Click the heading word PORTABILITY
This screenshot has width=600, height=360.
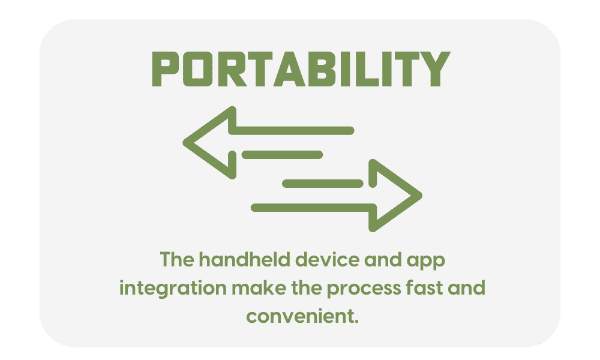point(301,69)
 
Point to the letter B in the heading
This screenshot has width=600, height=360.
point(322,69)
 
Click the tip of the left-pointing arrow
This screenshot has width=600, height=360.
point(184,143)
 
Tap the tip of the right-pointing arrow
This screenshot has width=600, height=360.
point(421,196)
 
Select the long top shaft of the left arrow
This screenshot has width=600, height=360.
point(292,131)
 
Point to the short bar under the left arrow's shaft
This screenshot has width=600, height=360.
point(283,155)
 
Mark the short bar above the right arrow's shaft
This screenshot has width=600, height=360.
point(323,184)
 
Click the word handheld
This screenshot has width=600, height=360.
point(245,260)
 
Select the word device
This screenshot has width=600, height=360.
point(328,260)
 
